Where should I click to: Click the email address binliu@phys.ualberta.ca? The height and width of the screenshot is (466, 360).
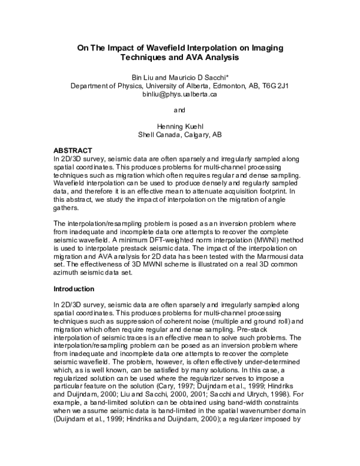point(180,94)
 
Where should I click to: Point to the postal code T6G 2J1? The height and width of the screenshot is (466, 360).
point(276,86)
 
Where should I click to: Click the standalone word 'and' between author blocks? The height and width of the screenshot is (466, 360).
point(179,110)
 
